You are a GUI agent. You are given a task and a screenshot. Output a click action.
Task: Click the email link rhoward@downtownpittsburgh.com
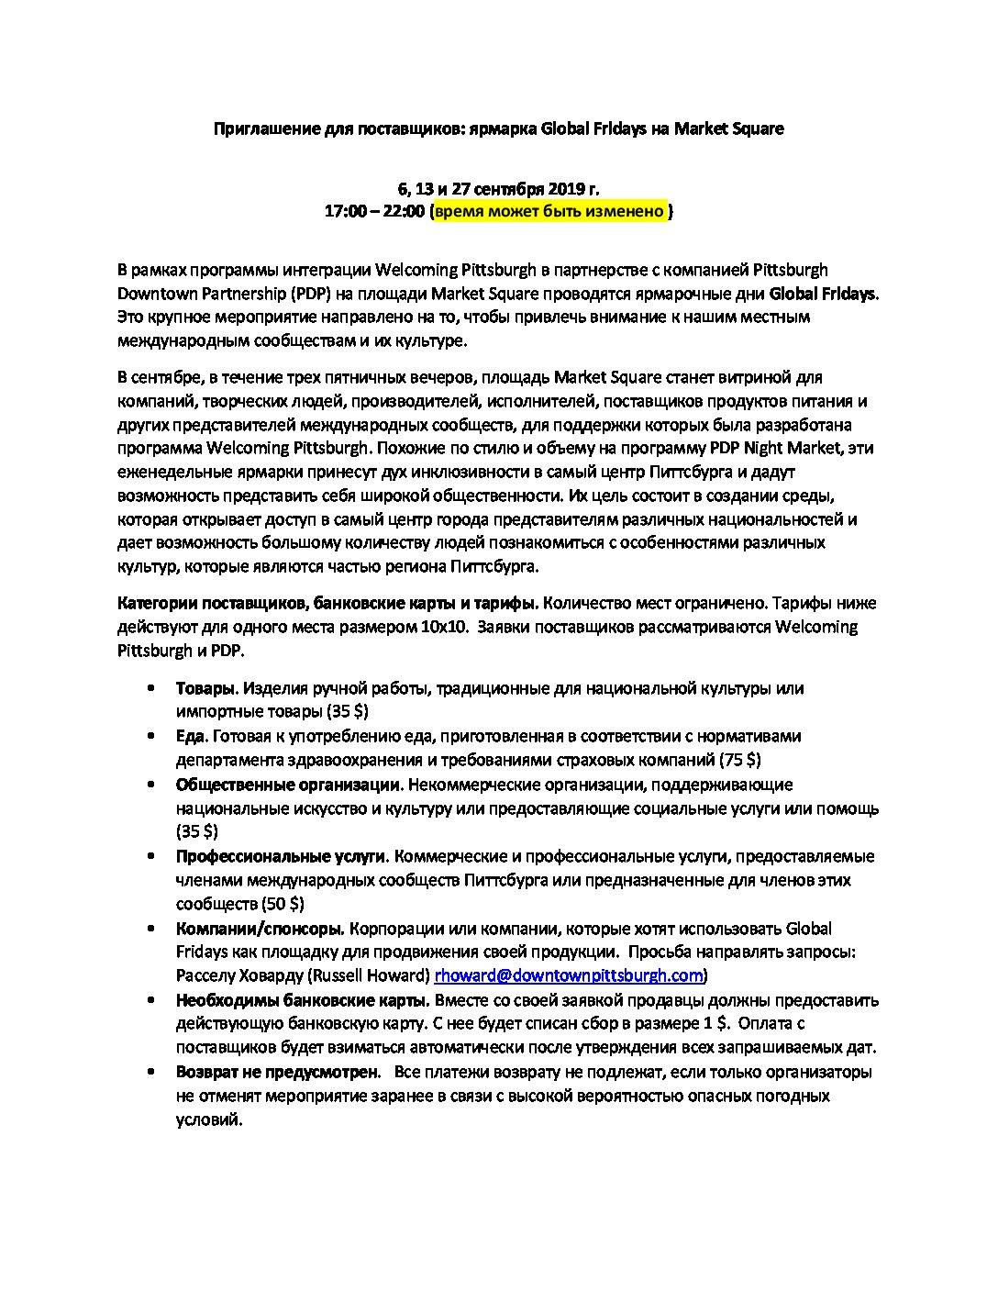569,975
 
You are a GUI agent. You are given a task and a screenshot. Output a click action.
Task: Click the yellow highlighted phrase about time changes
549,212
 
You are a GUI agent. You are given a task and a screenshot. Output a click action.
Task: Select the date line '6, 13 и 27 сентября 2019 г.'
498,189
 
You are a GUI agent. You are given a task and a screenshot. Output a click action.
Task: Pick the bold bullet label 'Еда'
192,736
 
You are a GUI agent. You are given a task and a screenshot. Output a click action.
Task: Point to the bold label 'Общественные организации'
288,785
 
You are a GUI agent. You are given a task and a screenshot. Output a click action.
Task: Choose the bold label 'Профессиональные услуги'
280,856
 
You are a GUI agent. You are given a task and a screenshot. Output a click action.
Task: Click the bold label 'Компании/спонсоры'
260,928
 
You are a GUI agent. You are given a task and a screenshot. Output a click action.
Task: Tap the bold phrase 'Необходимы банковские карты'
303,999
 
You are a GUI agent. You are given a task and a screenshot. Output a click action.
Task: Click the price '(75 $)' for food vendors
740,760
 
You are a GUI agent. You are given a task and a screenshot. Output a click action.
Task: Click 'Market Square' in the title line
729,129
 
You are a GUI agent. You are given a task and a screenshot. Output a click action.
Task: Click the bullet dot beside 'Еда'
150,736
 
